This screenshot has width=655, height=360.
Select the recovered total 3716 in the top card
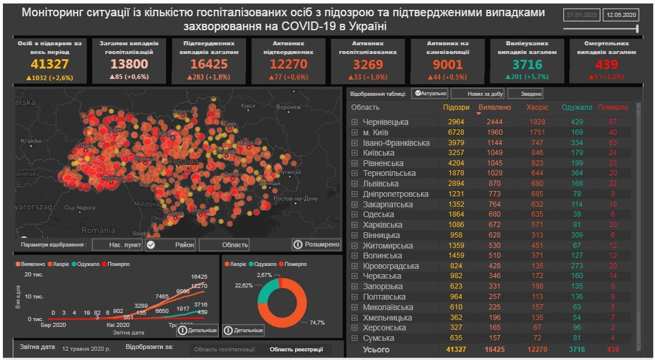527,64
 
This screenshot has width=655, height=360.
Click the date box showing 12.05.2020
620,15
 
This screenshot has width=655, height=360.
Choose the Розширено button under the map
316,244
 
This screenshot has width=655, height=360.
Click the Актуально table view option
430,93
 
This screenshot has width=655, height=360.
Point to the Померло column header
613,107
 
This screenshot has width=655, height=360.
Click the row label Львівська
381,183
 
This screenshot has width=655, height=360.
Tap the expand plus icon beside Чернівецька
354,122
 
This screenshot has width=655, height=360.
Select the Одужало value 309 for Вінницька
576,235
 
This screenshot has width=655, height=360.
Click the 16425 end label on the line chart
199,277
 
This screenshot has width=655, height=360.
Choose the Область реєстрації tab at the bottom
296,350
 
